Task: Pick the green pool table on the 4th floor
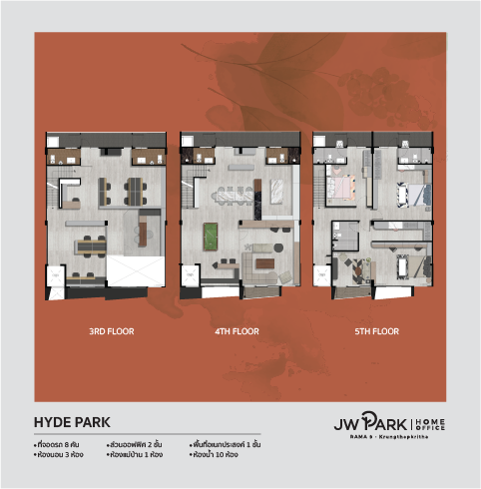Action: (x=211, y=234)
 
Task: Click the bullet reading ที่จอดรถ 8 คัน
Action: (x=58, y=441)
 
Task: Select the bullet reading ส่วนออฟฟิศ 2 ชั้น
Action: (x=136, y=441)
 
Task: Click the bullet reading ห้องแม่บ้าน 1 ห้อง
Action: (x=138, y=454)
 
